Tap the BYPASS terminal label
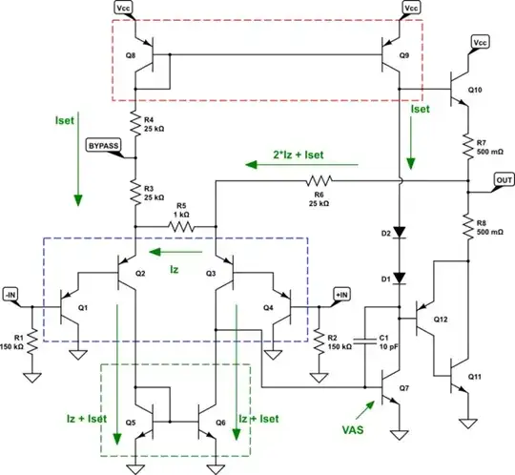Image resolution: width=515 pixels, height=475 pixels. coord(103,146)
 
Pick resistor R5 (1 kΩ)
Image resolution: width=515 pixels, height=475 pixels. coord(177,226)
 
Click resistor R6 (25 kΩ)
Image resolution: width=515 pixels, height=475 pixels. coord(318,179)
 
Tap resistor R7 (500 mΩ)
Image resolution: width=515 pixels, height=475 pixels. coord(467,145)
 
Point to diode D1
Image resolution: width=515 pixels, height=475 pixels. coord(400,279)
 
